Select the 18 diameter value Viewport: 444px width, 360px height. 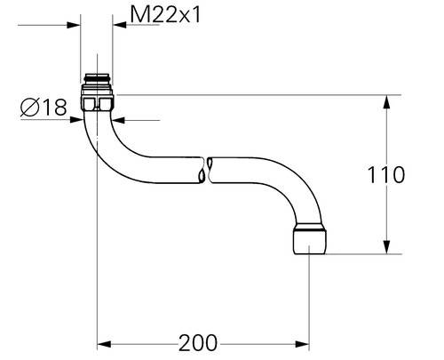(54, 108)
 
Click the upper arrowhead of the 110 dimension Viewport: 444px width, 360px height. (388, 100)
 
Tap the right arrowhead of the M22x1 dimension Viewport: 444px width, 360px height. (118, 25)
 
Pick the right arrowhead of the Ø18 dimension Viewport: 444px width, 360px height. (121, 120)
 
